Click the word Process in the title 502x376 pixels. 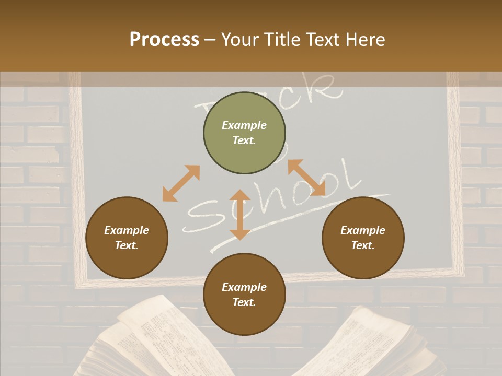click(164, 40)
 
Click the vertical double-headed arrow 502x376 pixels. click(240, 215)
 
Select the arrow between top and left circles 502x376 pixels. click(181, 183)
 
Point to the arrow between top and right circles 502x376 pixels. click(307, 178)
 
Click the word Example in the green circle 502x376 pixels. click(244, 125)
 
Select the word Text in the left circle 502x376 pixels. click(127, 245)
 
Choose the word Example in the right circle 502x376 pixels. click(363, 230)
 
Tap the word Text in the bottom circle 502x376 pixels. click(244, 302)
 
